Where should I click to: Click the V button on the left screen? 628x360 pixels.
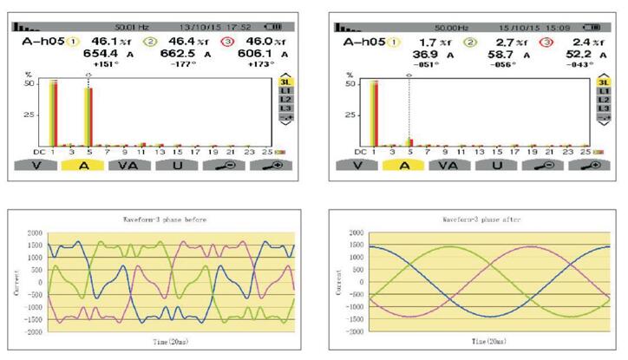[36, 164]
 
